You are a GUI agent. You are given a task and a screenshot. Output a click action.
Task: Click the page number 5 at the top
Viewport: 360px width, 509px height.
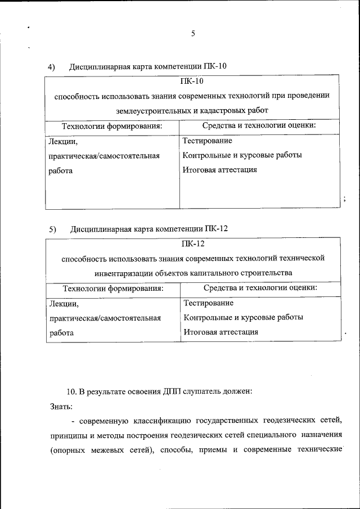pos(192,34)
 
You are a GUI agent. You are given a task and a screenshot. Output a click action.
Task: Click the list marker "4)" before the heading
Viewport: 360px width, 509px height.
pos(51,67)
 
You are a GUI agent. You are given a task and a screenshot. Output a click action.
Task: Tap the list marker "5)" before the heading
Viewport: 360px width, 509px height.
pos(52,229)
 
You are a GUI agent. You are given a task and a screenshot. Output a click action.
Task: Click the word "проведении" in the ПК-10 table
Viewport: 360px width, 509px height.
pos(304,96)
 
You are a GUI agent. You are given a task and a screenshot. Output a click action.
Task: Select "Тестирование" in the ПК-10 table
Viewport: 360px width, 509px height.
pos(208,141)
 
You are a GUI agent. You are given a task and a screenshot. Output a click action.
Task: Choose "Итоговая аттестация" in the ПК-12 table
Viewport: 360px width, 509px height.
pos(221,332)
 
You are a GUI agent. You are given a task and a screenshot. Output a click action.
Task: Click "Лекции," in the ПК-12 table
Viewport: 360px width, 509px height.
pos(65,304)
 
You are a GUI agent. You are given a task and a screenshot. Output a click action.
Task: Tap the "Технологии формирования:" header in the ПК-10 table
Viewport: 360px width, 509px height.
pos(112,126)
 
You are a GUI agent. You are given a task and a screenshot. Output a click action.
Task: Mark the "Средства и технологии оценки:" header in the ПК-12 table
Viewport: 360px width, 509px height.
pos(260,288)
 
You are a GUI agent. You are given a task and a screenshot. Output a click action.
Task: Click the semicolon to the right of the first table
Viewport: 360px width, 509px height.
pos(344,198)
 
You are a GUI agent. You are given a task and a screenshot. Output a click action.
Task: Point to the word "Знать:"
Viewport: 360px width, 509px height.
pos(61,406)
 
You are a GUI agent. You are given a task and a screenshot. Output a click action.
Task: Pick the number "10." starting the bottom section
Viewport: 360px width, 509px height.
pos(74,391)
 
